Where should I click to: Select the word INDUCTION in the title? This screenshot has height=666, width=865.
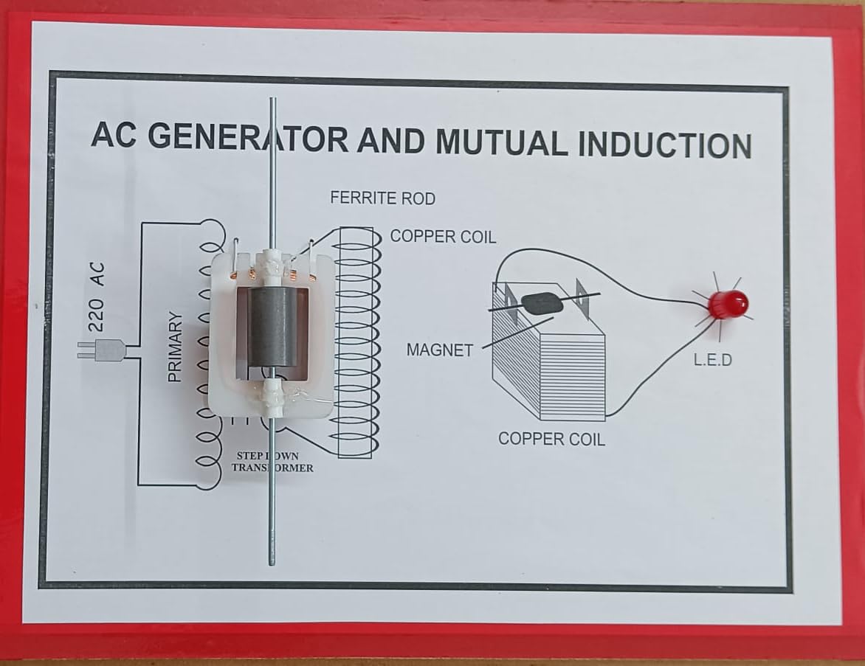[664, 145]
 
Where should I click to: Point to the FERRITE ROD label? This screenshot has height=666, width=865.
[382, 198]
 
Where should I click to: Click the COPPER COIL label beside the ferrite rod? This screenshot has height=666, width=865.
[443, 237]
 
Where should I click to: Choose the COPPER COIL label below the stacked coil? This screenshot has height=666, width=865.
[551, 439]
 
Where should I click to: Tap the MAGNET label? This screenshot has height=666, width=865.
[439, 350]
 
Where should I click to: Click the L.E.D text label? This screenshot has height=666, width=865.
[712, 361]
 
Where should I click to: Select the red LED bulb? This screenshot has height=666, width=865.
[727, 304]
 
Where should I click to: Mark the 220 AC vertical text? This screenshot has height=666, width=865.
[97, 296]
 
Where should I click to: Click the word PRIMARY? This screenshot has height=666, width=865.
[175, 347]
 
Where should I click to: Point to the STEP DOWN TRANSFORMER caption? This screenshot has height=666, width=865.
[272, 462]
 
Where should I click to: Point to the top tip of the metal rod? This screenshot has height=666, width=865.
[272, 100]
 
